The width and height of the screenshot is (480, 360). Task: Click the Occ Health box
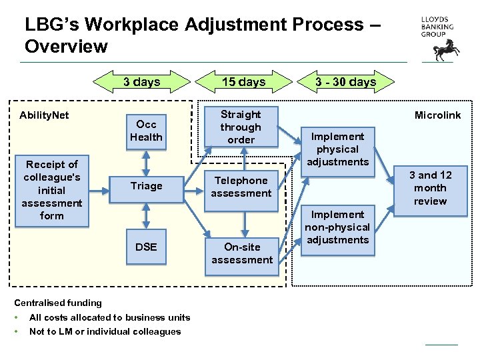[x=146, y=131]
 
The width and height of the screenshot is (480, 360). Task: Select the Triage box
[x=146, y=186]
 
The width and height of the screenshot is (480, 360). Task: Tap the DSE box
[x=146, y=247]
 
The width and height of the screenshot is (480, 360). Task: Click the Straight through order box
[x=241, y=127]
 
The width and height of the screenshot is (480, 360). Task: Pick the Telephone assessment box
[x=241, y=187]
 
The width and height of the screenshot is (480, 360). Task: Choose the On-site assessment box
[x=241, y=253]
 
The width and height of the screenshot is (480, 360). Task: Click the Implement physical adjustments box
[x=337, y=149]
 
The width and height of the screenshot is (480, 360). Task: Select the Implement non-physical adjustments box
[x=337, y=227]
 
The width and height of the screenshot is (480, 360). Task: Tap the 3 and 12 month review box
[x=430, y=188]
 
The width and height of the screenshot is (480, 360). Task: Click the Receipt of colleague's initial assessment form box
[x=51, y=190]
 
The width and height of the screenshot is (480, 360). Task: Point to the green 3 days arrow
[x=141, y=82]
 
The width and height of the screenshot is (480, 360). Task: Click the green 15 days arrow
[x=243, y=82]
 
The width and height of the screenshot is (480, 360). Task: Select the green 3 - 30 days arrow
[x=346, y=82]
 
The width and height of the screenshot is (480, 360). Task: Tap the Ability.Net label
[x=44, y=115]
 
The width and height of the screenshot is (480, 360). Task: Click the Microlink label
[x=437, y=115]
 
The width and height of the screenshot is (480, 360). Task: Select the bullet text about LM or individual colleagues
[x=105, y=331]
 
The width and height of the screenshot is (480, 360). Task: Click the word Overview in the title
[x=66, y=47]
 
